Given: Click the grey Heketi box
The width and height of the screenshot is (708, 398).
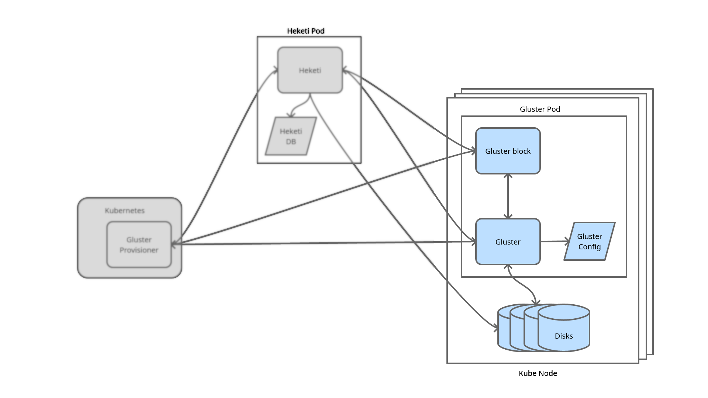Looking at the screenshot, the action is click(310, 70).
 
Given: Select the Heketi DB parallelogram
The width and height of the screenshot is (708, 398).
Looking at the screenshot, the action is click(291, 136).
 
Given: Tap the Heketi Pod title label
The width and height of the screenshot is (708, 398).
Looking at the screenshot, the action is click(306, 31).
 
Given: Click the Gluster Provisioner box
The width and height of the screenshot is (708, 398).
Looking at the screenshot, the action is click(139, 245).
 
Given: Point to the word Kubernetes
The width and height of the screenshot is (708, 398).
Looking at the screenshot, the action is click(125, 211).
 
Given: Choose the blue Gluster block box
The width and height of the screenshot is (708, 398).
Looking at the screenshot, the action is click(508, 151).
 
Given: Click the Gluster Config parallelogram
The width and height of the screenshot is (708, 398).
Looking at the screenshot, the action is click(590, 241).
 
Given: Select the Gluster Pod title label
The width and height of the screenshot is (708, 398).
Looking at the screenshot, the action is click(540, 109).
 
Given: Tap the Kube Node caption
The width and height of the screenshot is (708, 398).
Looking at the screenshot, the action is click(538, 373).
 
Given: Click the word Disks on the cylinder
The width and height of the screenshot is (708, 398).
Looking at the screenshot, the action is click(564, 336).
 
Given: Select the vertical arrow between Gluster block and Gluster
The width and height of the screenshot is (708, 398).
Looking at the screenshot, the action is click(508, 196).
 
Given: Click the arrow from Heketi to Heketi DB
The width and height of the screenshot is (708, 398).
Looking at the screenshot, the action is click(300, 105).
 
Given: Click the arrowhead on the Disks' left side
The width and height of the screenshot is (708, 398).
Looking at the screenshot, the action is click(496, 327).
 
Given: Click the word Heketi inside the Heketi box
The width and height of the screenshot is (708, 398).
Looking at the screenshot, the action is click(310, 70).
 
